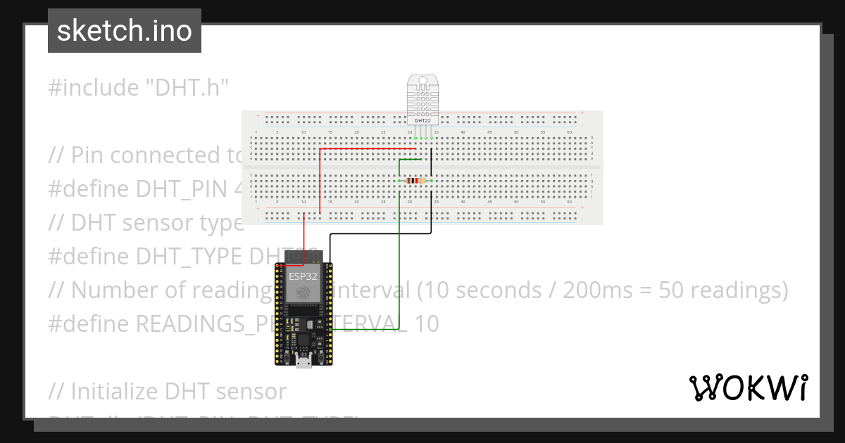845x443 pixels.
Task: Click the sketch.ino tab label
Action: tap(124, 31)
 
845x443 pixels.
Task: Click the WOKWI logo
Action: tap(748, 388)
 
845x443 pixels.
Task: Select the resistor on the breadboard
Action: tap(415, 181)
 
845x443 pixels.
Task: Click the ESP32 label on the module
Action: tap(303, 276)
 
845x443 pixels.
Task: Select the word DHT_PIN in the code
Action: tap(182, 189)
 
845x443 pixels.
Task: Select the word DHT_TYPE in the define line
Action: tap(191, 257)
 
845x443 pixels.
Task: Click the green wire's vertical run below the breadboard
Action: tap(399, 281)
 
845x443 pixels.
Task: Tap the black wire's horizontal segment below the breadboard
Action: tap(380, 233)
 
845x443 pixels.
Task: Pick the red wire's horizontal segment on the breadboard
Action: tap(366, 149)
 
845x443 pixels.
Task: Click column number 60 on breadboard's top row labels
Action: tap(569, 132)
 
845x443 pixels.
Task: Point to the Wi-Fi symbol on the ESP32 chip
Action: tap(303, 293)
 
